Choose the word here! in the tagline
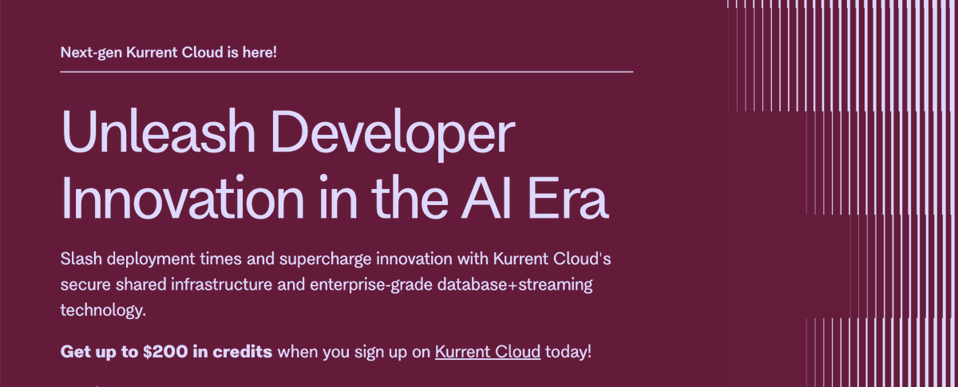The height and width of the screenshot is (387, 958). coord(258,53)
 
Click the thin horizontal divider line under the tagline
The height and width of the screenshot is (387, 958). coord(346,72)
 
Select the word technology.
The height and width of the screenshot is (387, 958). coord(103,310)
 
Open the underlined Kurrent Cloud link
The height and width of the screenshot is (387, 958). coord(488,351)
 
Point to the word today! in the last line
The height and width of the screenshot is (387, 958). coord(568,351)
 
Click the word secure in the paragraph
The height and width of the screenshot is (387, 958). coord(83,285)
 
